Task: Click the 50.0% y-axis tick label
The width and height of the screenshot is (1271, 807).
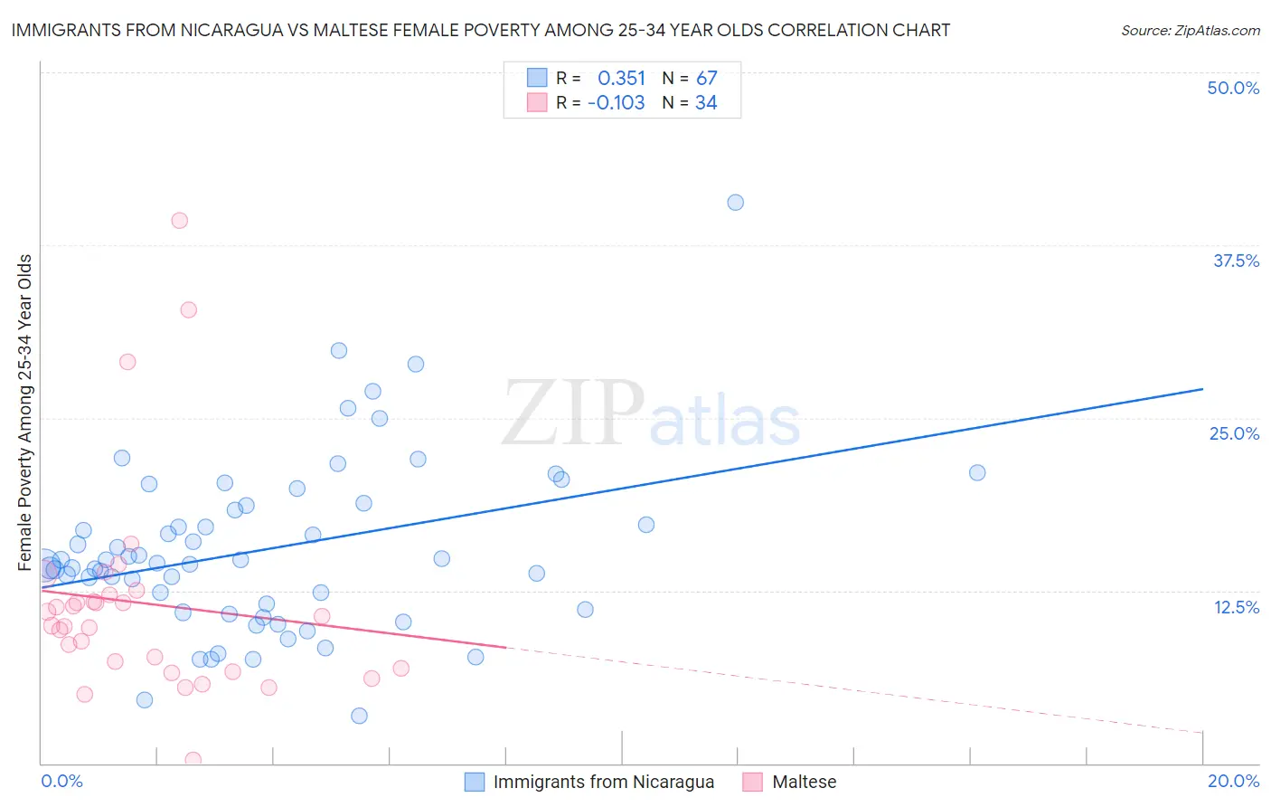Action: click(1233, 88)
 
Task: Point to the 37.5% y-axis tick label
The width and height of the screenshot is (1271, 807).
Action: click(1236, 261)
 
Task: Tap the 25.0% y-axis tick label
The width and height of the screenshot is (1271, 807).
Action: click(1234, 433)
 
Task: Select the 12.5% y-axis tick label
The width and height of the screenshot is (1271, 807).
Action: click(1236, 607)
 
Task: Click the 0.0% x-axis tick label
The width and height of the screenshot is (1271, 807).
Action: click(61, 781)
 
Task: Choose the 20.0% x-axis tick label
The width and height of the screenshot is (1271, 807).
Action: click(1233, 781)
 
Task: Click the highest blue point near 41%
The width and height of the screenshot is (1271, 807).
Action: click(736, 203)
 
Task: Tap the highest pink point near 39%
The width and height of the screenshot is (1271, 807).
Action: click(180, 221)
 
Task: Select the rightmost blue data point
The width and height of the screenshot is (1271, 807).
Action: click(977, 472)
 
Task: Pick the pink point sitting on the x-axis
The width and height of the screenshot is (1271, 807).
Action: click(193, 760)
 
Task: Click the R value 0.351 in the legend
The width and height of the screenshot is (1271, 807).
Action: click(621, 78)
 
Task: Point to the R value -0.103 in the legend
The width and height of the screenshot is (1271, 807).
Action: click(616, 103)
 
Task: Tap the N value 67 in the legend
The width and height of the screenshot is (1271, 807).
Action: click(706, 78)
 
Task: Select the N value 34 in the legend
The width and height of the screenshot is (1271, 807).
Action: click(706, 103)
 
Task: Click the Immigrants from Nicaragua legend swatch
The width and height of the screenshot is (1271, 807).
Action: click(475, 782)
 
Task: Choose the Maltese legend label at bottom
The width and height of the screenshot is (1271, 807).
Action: click(804, 782)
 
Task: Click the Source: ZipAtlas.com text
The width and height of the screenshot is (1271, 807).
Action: click(1190, 30)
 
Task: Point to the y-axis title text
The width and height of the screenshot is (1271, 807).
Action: click(24, 413)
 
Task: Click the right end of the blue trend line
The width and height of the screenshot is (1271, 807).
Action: click(1202, 389)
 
